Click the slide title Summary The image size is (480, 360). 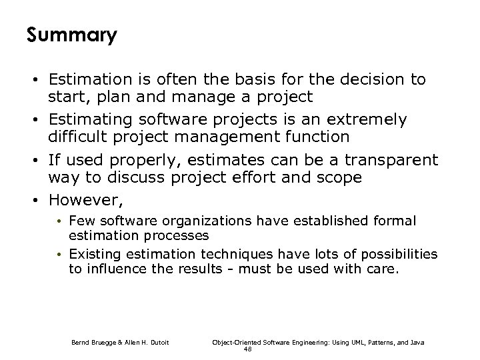71,35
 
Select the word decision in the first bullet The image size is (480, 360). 374,80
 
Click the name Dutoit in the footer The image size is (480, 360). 155,342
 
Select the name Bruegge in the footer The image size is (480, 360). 102,342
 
